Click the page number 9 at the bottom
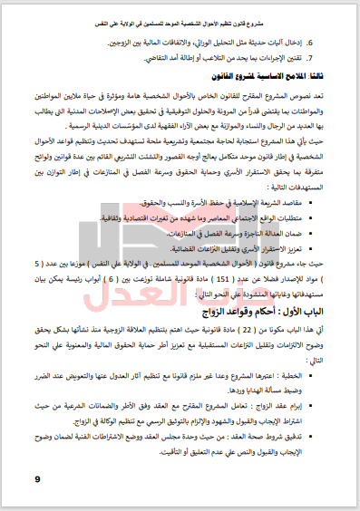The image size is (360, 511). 37,478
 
